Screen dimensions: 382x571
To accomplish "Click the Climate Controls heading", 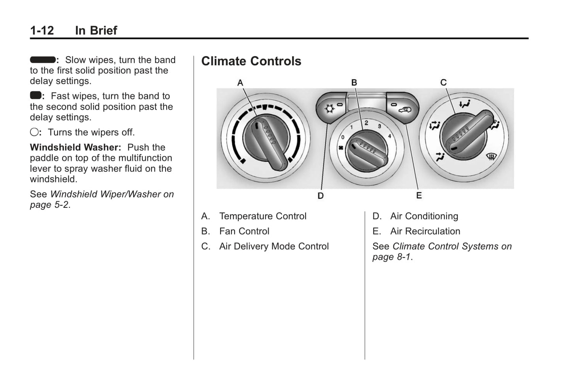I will pyautogui.click(x=251, y=61).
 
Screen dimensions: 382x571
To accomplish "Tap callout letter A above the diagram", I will pyautogui.click(x=240, y=83).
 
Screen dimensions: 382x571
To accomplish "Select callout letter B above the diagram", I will pyautogui.click(x=354, y=82).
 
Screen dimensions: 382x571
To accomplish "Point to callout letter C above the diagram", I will pyautogui.click(x=443, y=82).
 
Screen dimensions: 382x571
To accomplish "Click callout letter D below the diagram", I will pyautogui.click(x=320, y=196).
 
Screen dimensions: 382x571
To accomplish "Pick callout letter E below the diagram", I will pyautogui.click(x=419, y=196).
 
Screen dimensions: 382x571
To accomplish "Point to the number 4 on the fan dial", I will pyautogui.click(x=390, y=136).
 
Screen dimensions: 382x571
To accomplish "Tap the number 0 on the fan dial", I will pyautogui.click(x=343, y=137).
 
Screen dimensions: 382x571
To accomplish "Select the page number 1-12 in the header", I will pyautogui.click(x=42, y=30).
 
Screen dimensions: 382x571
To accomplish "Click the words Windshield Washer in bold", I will pyautogui.click(x=75, y=147).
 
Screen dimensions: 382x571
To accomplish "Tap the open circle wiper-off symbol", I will pyautogui.click(x=34, y=132).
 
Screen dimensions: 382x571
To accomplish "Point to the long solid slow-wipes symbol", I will pyautogui.click(x=42, y=60).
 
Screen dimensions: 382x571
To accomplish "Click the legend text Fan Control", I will pyautogui.click(x=244, y=231).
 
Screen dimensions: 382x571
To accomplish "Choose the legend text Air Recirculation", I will pyautogui.click(x=425, y=231).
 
